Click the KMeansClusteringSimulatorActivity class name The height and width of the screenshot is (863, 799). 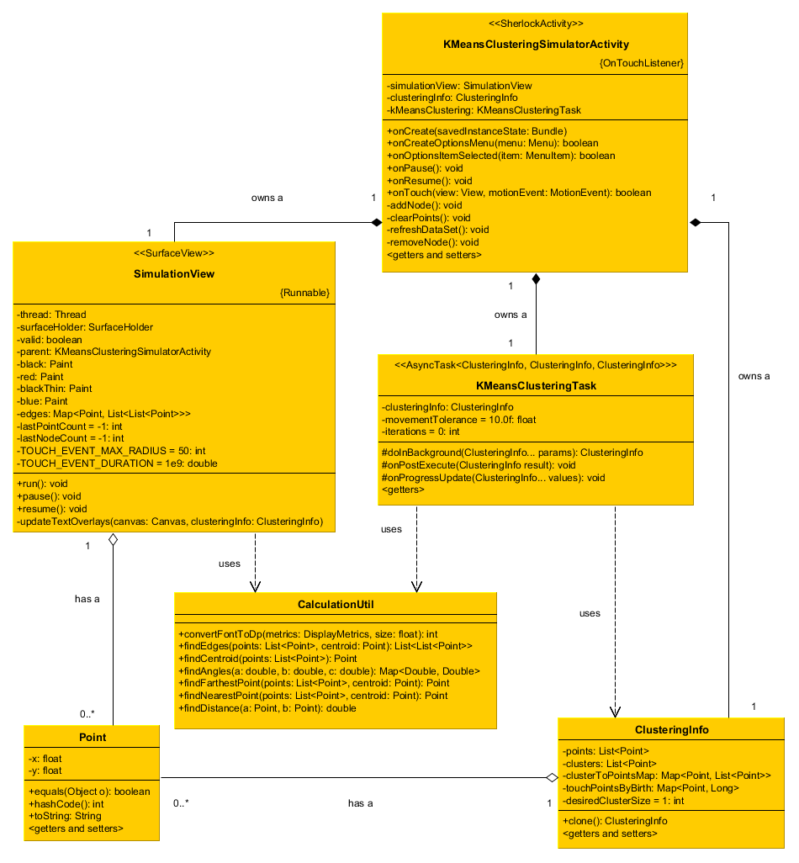point(536,45)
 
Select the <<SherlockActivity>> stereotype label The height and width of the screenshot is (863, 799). point(536,24)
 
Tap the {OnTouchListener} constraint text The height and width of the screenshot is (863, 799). point(641,63)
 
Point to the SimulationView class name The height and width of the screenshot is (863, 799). point(174,274)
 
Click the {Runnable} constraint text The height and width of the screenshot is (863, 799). point(304,293)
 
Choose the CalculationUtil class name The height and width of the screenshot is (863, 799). point(336,604)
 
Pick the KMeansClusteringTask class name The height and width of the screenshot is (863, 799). point(536,386)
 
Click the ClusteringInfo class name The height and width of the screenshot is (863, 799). point(672,730)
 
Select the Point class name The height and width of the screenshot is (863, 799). point(92,738)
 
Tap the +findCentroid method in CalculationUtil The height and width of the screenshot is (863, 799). point(267,659)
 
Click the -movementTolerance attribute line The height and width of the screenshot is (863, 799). point(459,419)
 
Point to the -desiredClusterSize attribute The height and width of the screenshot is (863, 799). point(623,801)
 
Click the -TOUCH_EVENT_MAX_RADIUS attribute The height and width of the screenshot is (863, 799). point(111,450)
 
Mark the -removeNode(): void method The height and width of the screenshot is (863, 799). point(433,242)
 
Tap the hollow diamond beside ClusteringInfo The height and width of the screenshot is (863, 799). point(551,777)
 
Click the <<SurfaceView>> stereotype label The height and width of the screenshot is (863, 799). point(174,253)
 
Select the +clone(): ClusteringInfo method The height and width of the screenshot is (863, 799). point(615,821)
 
